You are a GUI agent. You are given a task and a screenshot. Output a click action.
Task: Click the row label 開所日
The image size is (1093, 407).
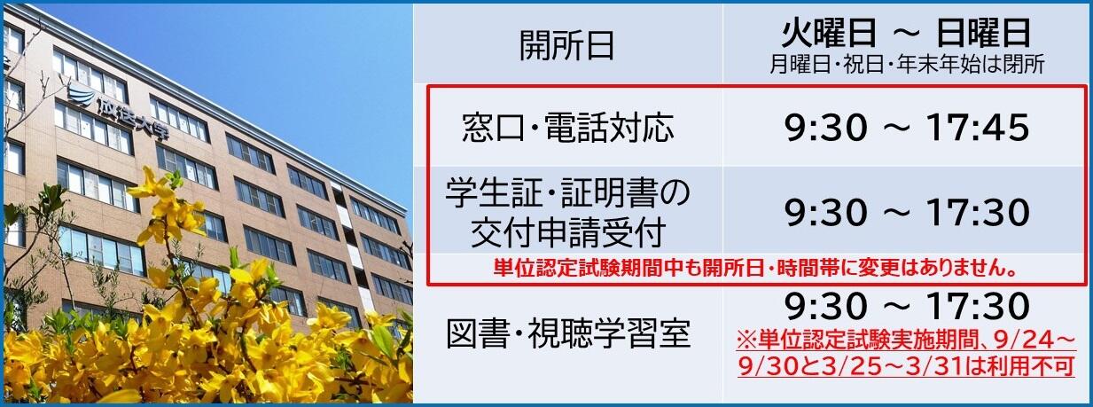566,46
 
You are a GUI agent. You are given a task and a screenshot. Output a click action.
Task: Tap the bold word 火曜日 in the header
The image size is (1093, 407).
829,33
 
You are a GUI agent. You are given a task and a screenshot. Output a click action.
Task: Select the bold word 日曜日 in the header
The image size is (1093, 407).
984,33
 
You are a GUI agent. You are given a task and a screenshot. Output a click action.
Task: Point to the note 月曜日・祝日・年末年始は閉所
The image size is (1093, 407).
907,65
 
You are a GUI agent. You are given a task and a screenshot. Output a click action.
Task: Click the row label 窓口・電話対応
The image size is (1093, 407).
568,129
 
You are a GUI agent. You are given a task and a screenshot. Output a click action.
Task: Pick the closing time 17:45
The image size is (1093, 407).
978,128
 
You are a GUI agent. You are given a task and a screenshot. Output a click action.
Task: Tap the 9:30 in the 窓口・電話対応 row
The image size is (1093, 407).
826,128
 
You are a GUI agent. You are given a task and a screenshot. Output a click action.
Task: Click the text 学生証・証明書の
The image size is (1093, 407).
567,192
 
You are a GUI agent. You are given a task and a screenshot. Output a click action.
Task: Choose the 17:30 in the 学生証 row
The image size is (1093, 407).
978,213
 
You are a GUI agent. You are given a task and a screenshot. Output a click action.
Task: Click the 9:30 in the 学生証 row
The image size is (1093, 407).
826,213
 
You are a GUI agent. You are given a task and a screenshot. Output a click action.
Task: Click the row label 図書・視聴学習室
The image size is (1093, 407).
568,333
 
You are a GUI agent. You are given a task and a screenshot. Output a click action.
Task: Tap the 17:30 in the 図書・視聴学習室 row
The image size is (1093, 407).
978,306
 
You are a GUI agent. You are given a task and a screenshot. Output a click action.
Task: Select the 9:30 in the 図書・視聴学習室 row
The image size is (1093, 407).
826,306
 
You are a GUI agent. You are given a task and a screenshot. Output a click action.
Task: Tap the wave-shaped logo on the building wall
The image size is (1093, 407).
81,94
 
